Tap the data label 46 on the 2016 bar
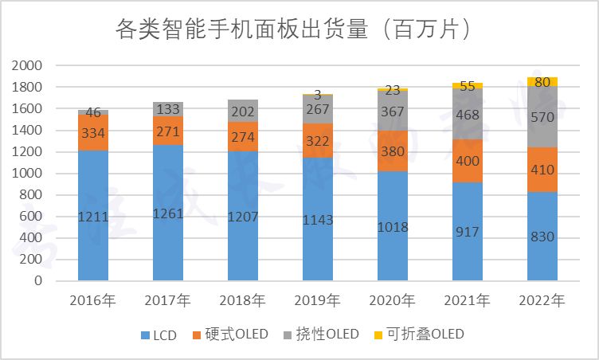point(93,113)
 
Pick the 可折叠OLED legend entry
point(419,335)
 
